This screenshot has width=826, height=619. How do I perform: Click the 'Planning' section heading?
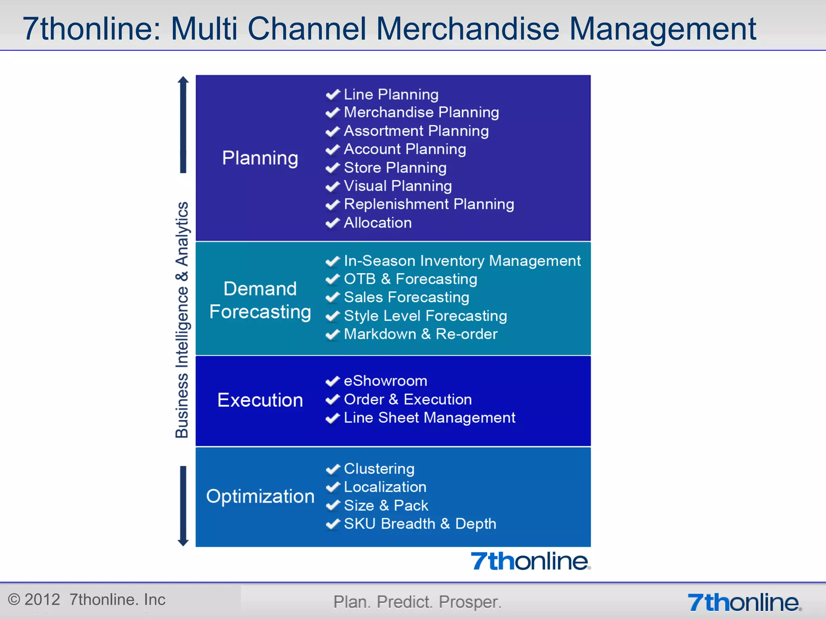tap(260, 158)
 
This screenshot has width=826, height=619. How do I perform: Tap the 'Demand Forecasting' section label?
tap(260, 300)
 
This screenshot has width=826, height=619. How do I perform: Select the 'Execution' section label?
tap(260, 400)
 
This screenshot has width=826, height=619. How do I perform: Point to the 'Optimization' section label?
tap(260, 496)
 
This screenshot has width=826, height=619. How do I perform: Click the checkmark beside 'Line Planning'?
tap(333, 95)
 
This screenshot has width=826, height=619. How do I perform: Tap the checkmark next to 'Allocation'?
tap(333, 223)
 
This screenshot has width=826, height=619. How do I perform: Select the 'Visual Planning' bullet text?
tap(398, 186)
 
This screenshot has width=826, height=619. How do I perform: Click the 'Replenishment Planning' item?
tap(429, 204)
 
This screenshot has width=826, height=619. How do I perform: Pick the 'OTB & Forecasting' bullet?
tap(410, 279)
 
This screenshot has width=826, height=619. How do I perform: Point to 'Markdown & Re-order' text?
tap(421, 334)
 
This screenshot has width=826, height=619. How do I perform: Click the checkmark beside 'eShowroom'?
tap(333, 381)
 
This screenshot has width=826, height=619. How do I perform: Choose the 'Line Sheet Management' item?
tap(430, 418)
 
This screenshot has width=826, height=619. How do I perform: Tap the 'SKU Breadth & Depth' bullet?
tap(420, 524)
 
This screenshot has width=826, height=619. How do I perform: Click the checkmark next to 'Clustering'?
tap(333, 469)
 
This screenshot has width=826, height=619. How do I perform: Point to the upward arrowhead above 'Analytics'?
tap(183, 80)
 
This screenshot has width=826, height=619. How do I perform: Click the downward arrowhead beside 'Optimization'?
tap(183, 542)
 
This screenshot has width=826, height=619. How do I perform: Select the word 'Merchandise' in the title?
tap(467, 29)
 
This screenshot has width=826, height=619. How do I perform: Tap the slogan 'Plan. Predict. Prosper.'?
tap(417, 602)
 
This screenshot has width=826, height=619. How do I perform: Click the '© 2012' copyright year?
tap(34, 600)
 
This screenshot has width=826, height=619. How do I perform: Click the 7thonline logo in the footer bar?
tap(744, 602)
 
